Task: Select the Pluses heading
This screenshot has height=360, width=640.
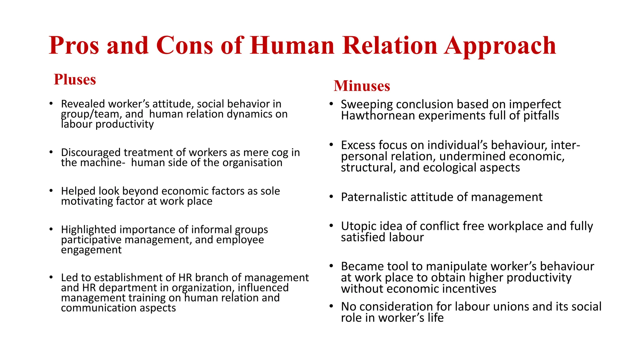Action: [x=75, y=79]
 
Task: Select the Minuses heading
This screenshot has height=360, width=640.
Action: [x=362, y=86]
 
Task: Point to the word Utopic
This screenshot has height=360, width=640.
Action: [x=358, y=226]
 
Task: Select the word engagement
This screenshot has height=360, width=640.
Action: [x=91, y=250]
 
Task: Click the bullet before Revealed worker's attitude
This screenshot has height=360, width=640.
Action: [x=51, y=103]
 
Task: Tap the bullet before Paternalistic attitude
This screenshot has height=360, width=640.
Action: [x=331, y=197]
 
